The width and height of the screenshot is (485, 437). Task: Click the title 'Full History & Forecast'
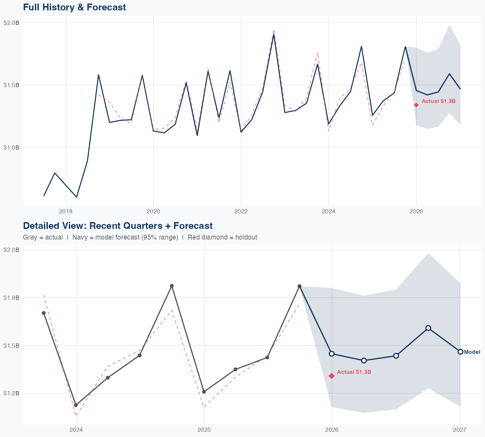pos(74,7)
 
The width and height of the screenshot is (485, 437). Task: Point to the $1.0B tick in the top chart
pos(11,147)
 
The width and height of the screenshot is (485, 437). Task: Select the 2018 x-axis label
pos(66,211)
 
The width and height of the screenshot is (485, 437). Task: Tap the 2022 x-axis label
pos(241,211)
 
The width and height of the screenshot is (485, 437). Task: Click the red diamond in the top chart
pos(416,105)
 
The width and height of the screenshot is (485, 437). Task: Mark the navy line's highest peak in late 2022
pos(274,34)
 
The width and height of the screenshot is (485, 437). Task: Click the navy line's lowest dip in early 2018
pos(77,197)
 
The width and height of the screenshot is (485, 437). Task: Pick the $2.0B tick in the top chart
pos(11,23)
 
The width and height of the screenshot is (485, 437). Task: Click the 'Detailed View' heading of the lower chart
pos(118,226)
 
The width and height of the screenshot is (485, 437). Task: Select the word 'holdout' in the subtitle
pos(246,237)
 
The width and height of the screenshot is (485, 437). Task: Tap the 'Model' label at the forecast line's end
pos(472,352)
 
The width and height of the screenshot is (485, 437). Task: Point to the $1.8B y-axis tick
pos(11,297)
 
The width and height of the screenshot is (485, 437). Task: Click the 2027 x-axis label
pos(459,430)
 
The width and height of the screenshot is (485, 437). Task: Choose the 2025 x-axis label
pos(204,430)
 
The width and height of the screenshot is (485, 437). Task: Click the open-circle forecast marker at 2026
pos(332,353)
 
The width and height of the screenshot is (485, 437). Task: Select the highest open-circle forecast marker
pos(428,328)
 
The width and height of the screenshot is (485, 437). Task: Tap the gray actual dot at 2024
pos(76,405)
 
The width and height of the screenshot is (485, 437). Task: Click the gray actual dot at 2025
pos(204,392)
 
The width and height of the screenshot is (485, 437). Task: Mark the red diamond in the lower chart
pos(332,376)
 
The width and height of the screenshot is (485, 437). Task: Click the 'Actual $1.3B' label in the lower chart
pos(354,372)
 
